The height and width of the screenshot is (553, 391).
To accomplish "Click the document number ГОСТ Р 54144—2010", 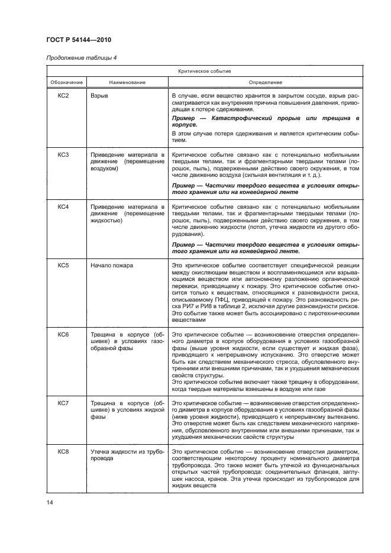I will (78, 40).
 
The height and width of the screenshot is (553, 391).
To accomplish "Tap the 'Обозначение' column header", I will (66, 82).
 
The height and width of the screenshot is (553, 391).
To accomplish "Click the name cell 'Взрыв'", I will (99, 95).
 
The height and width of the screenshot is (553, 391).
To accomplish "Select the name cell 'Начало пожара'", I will (112, 266).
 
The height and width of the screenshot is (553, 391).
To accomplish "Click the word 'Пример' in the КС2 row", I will (181, 119).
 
